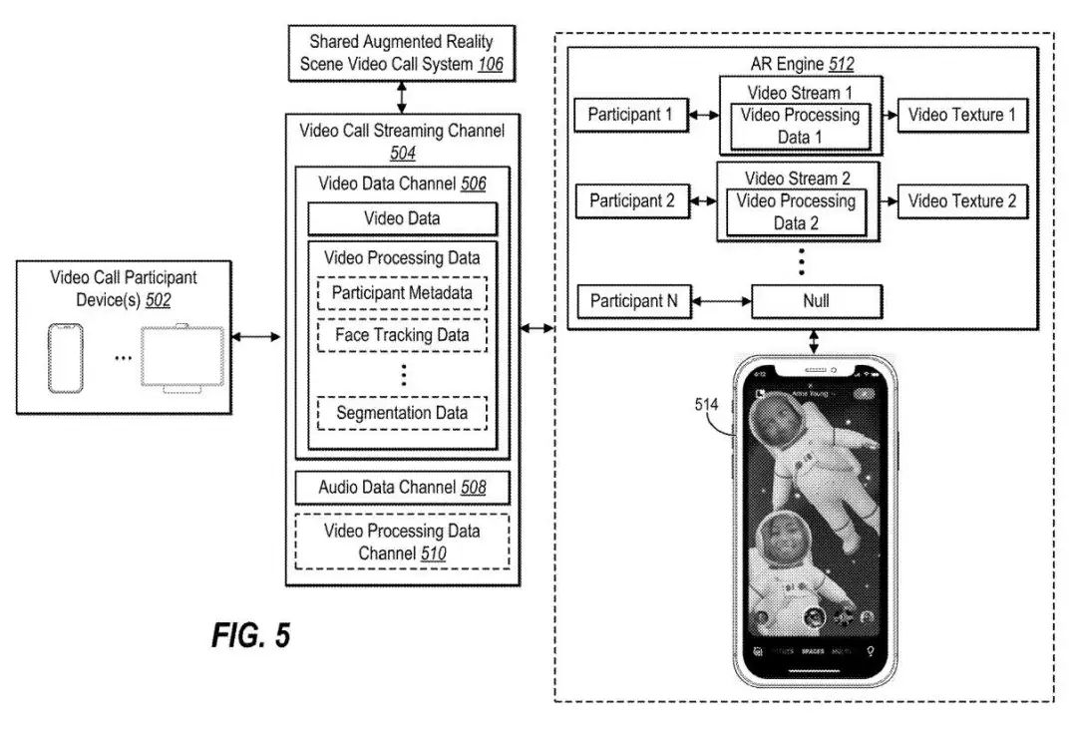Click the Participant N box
pos(634,301)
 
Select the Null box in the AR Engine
pos(816,301)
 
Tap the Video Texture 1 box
pos(961,115)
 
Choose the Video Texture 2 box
pos(961,200)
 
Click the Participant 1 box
pos(629,115)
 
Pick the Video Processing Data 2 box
pos(796,212)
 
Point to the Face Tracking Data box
pos(402,335)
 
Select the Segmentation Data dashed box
pos(402,413)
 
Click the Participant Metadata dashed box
pos(402,293)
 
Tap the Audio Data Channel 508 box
pos(402,488)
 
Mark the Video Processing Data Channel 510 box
pos(402,542)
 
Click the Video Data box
pos(402,218)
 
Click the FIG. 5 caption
pos(250,636)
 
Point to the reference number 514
pos(707,405)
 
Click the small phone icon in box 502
pos(66,358)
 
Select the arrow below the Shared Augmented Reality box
pos(402,98)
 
